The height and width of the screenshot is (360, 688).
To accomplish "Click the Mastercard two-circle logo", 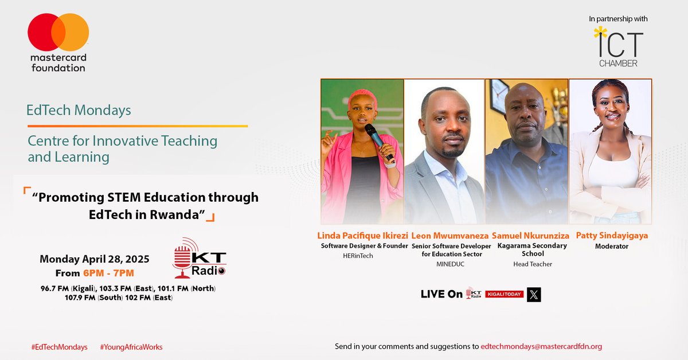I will click(x=58, y=32).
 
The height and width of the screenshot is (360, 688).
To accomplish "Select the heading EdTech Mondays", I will click(x=79, y=110).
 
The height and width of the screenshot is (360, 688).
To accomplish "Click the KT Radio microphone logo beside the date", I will click(x=200, y=259).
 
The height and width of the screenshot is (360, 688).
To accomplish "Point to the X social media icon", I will click(x=534, y=295).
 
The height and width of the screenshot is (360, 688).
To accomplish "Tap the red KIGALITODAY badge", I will click(x=505, y=294).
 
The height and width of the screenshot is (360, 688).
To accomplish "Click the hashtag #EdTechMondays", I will click(x=60, y=347).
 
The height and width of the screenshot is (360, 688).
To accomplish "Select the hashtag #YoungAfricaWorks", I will click(x=131, y=347).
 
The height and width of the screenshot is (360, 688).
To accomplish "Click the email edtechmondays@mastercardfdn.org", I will click(x=541, y=346).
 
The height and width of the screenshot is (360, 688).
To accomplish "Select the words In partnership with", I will click(x=618, y=19).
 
